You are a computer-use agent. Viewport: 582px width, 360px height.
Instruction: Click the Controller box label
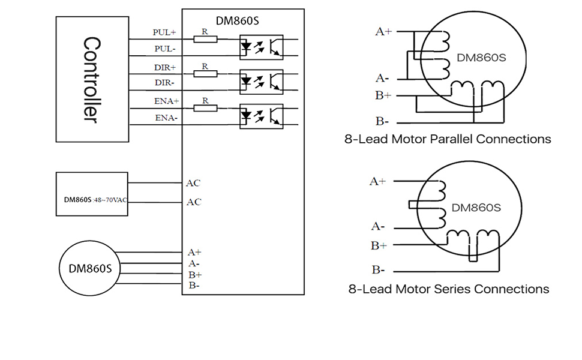pos(91,79)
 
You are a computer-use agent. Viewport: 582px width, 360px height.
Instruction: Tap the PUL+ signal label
pos(164,32)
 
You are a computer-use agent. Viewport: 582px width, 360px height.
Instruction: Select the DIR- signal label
pos(164,82)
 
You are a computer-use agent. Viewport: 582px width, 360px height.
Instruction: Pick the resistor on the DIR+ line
pos(205,74)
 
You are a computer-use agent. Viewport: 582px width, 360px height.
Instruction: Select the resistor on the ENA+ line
pos(205,109)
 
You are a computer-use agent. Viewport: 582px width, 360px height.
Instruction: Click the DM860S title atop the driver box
pos(241,20)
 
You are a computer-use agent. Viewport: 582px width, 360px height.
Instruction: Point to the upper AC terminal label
pos(193,183)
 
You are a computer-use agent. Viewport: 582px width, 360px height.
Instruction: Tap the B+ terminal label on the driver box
pos(194,274)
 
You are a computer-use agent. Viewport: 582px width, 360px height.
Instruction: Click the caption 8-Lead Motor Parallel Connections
pos(448,139)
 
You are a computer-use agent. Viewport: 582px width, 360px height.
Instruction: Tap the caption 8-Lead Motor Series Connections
pos(448,289)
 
